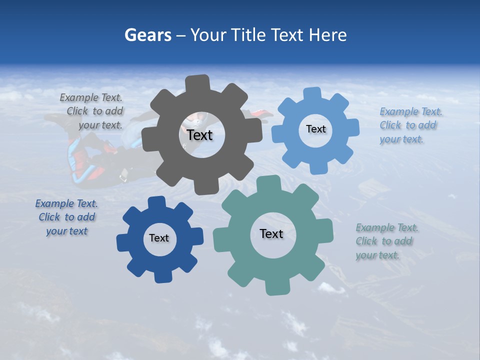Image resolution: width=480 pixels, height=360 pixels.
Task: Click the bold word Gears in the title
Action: coord(147,35)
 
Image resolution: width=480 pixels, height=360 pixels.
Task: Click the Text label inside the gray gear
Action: coord(200,135)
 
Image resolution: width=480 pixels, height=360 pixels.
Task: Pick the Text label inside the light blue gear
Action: coord(315,129)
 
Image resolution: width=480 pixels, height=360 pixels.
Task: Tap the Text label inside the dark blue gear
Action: coord(159,238)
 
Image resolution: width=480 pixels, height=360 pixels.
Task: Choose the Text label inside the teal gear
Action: coord(271,233)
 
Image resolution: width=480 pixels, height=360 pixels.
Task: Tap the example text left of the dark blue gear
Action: coord(66,217)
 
